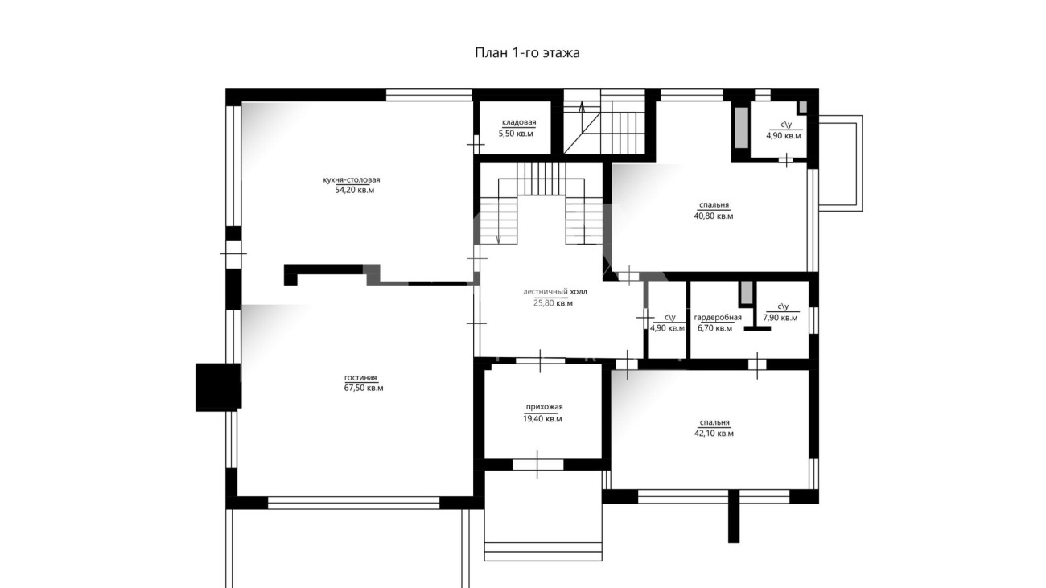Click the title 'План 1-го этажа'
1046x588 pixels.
point(527,53)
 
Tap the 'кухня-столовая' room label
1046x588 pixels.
point(352,179)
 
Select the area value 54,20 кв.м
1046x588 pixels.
point(354,191)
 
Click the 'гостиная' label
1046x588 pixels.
point(360,377)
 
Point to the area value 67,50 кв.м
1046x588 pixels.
point(364,389)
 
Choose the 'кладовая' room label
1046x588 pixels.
point(519,122)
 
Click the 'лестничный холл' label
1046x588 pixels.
point(554,292)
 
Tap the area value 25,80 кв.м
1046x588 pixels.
point(553,303)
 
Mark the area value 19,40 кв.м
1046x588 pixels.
point(542,419)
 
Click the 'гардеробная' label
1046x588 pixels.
point(718,318)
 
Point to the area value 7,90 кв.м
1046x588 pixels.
point(780,318)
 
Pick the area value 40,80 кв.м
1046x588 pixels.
point(714,216)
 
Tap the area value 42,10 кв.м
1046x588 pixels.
point(714,434)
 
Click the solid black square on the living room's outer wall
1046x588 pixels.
point(218,388)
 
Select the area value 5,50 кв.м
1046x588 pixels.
point(516,134)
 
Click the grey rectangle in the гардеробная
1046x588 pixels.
point(746,292)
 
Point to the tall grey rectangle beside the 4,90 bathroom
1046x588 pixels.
point(742,128)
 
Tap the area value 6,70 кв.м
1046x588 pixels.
point(715,328)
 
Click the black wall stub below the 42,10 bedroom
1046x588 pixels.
point(734,516)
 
